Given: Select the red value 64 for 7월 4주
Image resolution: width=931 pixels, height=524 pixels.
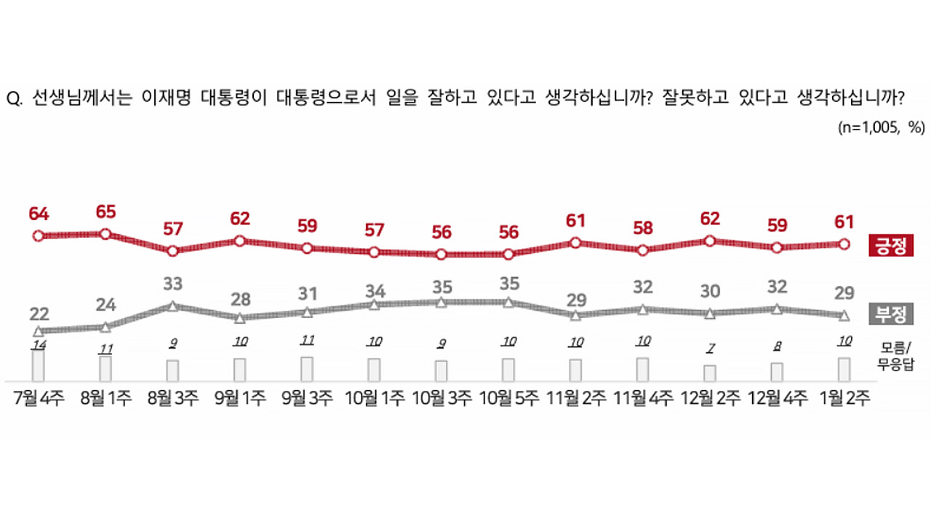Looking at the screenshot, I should click(39, 214).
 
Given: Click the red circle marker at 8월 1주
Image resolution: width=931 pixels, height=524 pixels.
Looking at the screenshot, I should click(105, 234).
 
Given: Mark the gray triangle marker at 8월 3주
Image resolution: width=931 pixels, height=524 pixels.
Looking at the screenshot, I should click(172, 306).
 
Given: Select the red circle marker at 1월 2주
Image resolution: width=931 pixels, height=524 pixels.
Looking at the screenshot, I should click(844, 245).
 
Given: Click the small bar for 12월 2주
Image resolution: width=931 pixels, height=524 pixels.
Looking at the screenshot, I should click(710, 373).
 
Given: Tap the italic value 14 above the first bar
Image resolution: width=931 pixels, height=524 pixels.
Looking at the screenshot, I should click(39, 343).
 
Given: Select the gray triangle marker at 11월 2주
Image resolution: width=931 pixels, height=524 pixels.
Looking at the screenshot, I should click(575, 315).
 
